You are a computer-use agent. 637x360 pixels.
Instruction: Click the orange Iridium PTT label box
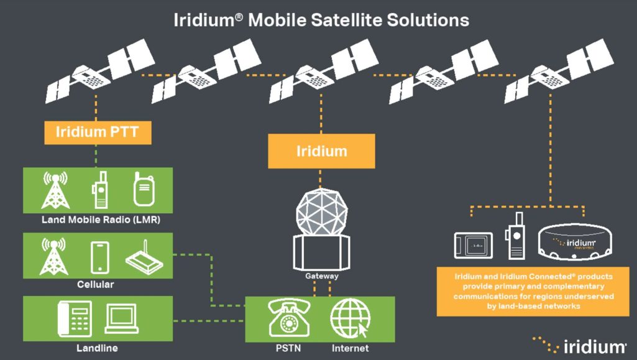98,132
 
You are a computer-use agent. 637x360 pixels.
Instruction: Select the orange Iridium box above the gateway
321,151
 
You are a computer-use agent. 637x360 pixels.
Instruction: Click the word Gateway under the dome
321,275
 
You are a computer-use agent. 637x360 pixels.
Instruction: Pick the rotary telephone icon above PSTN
289,318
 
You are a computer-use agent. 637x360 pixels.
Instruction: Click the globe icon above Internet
350,318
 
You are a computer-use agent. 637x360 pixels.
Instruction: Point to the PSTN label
289,348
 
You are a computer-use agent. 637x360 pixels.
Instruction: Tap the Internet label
350,348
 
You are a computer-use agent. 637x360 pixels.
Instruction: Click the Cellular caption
96,284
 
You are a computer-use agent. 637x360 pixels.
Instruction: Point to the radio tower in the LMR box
55,190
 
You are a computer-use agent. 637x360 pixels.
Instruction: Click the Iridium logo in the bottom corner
580,345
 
